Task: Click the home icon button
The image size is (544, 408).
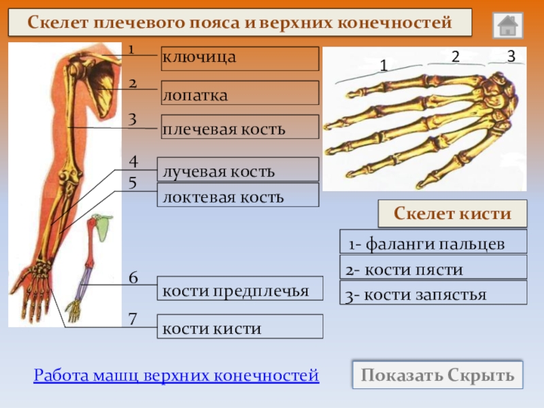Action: coord(507,25)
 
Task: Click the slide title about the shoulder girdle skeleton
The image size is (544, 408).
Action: coord(239,23)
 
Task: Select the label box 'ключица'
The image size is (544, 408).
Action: coord(239,58)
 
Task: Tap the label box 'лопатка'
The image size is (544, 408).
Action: coord(239,92)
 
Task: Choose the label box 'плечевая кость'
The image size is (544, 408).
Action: coord(239,127)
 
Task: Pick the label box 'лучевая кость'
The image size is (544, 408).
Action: coord(238,169)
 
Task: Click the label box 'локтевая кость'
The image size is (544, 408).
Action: coord(238,195)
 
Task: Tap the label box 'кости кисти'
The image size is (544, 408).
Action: coord(240,327)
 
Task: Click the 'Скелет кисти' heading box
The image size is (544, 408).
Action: coord(452,214)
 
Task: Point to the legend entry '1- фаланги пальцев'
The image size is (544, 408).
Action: coord(433,242)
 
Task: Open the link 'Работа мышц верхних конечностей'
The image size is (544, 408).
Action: coord(176,375)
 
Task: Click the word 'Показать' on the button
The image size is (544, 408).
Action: coord(401,375)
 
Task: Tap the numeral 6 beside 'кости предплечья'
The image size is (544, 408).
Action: coord(133,278)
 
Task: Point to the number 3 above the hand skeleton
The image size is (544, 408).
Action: coord(511,54)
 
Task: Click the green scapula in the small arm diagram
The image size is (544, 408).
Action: coord(103,229)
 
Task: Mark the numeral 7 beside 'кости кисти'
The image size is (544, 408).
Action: coord(133,318)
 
